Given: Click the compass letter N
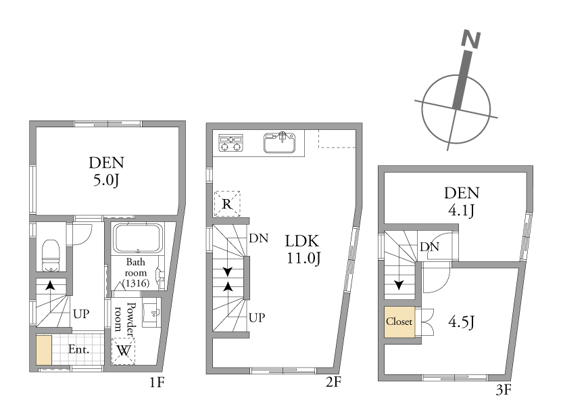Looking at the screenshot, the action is [x=471, y=39].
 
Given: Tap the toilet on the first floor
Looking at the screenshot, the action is [x=51, y=255].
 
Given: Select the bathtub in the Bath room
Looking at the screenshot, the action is [x=138, y=238].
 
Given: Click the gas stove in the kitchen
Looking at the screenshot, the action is [x=230, y=143].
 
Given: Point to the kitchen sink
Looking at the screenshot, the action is [x=279, y=142].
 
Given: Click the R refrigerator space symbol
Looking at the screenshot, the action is [x=227, y=204].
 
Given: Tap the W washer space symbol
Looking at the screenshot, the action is [x=124, y=351].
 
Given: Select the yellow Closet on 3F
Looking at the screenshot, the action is [x=399, y=322].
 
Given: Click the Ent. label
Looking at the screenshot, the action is [x=78, y=349].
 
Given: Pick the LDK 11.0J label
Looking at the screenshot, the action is [x=303, y=249].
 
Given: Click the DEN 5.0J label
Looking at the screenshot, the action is [x=106, y=171].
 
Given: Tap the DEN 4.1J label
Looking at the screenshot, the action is [x=461, y=202].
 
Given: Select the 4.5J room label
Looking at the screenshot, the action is [x=461, y=322].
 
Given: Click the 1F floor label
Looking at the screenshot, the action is [x=157, y=382].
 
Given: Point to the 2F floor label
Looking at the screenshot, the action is [x=333, y=382].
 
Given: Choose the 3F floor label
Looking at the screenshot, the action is [x=504, y=389].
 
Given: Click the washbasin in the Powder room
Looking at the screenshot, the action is [x=152, y=315].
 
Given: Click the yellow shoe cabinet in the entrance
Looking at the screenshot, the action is [x=44, y=350].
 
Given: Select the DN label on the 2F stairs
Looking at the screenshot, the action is [x=259, y=238].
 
